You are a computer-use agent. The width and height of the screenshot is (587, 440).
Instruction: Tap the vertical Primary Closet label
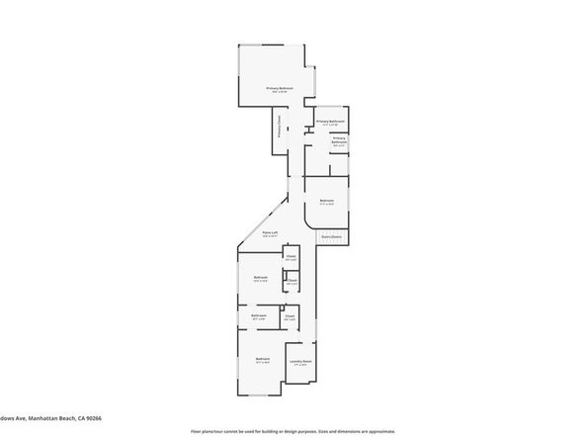(279, 128)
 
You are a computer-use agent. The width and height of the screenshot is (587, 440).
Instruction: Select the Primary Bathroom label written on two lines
(339, 141)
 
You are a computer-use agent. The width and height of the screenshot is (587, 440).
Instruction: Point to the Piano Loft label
(270, 233)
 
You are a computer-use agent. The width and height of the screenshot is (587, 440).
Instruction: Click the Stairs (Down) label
(331, 237)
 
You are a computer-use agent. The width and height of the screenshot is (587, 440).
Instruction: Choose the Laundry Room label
(300, 363)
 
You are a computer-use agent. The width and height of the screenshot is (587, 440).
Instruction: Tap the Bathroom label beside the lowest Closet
(259, 316)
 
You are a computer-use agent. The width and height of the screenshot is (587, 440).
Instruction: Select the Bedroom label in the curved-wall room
(326, 202)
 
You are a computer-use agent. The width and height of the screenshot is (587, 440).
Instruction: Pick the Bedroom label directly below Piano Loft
(261, 278)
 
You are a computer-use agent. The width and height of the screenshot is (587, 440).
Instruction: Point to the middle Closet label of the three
(292, 282)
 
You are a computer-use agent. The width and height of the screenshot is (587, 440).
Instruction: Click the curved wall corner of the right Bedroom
(343, 224)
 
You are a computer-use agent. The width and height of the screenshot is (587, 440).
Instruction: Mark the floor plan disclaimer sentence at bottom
(293, 432)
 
